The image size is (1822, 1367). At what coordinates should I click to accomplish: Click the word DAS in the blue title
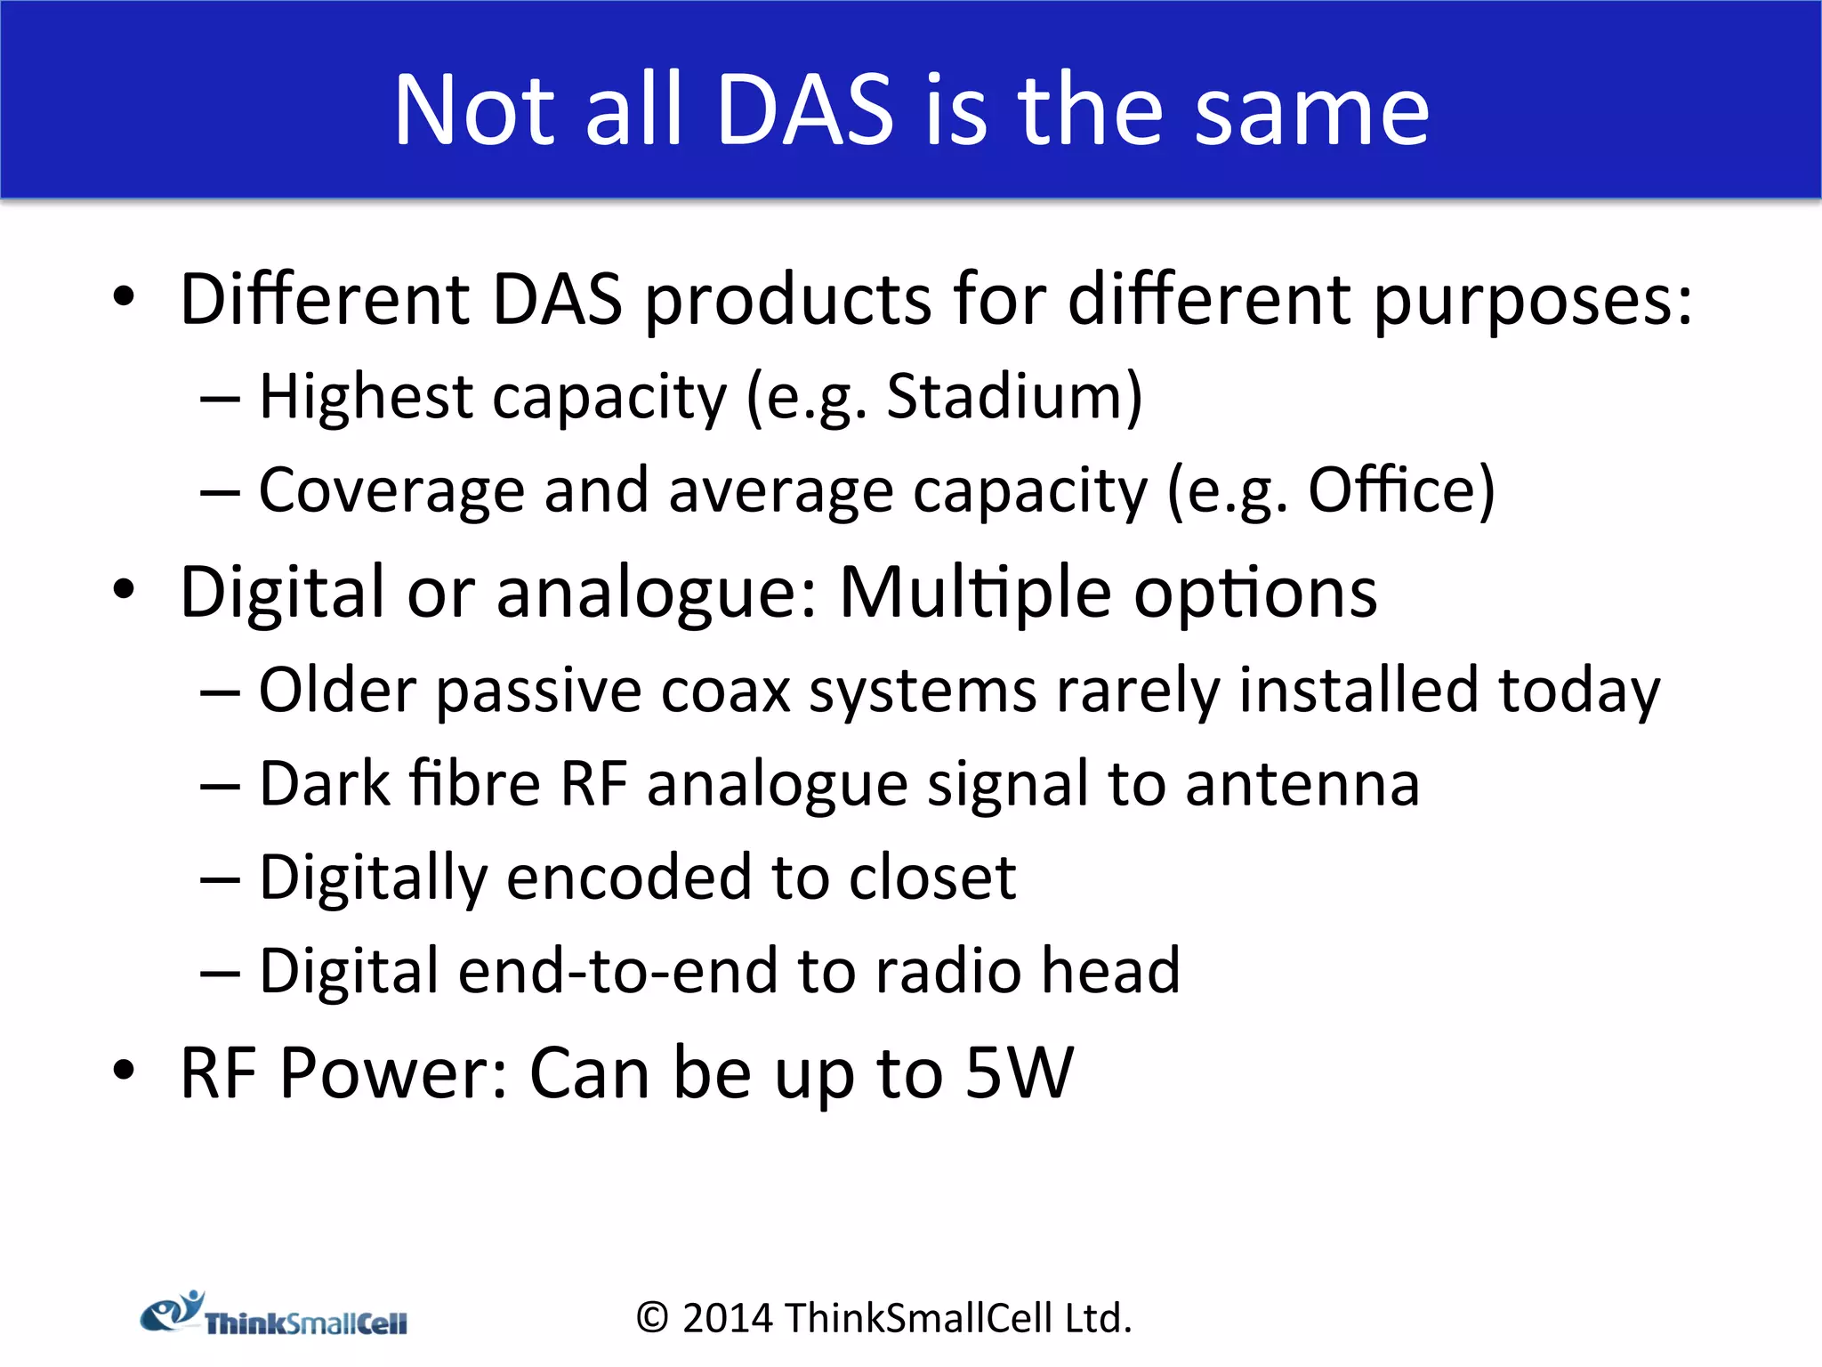click(804, 110)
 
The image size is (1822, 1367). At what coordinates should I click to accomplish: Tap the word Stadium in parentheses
click(1014, 396)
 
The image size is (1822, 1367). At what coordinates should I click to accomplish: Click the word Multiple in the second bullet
click(975, 593)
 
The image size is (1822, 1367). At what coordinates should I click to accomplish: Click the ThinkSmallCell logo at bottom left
click(274, 1315)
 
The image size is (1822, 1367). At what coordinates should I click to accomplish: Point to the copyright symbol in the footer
click(652, 1319)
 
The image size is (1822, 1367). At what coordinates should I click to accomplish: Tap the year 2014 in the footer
click(728, 1319)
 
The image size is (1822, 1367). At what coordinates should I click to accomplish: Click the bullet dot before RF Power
click(124, 1071)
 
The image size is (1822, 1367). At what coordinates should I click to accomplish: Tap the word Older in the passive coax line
click(337, 691)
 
